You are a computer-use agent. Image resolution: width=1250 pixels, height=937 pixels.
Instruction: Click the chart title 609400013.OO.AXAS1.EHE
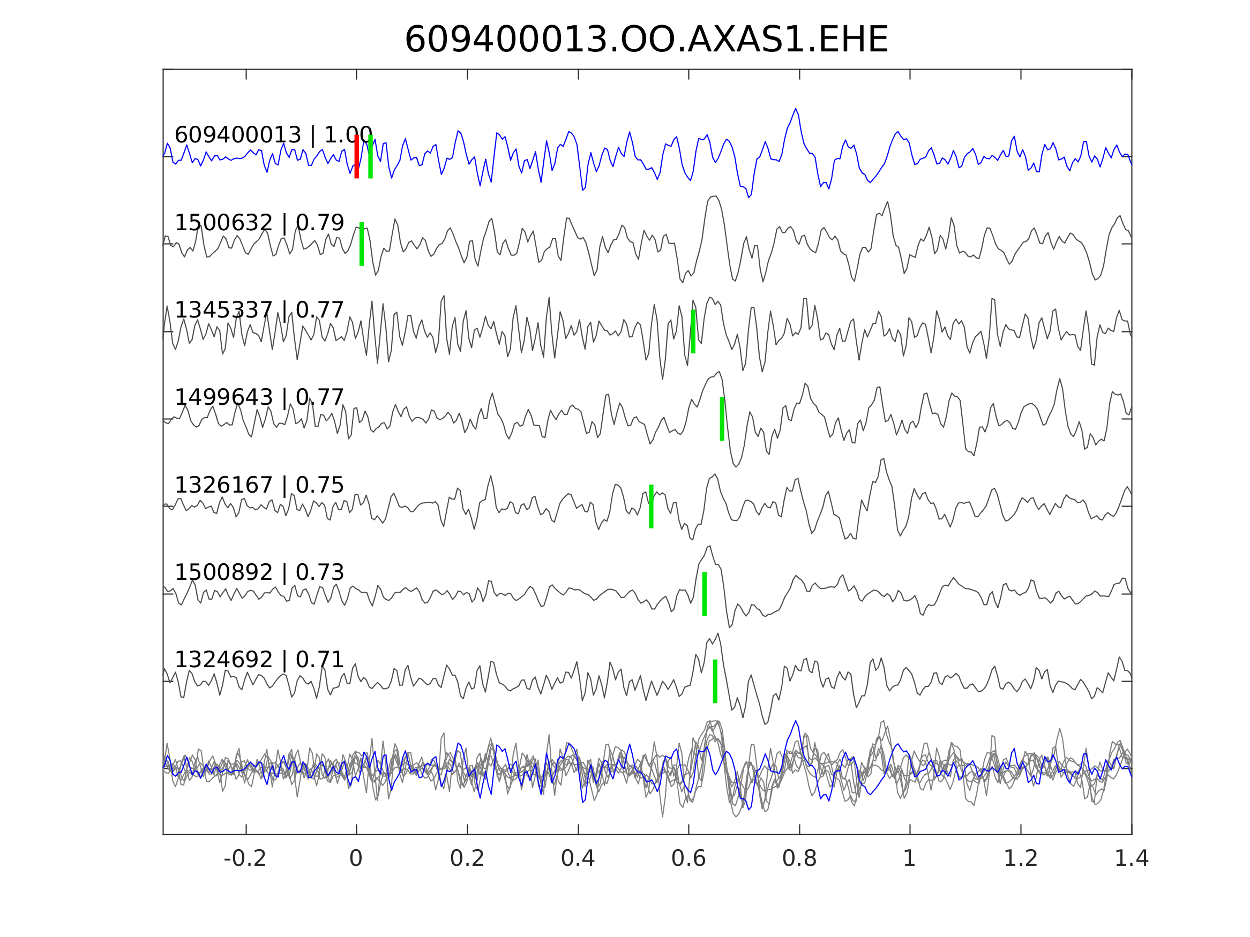pos(646,40)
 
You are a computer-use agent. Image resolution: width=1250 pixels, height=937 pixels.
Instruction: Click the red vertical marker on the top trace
pos(357,156)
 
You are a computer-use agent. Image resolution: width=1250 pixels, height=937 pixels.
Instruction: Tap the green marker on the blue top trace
pos(370,156)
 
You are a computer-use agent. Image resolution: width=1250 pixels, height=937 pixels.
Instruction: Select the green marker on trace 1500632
pos(362,244)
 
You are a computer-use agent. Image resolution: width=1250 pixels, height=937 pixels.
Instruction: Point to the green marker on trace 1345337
pos(693,331)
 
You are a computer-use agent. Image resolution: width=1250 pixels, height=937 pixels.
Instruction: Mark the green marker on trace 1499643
pos(722,419)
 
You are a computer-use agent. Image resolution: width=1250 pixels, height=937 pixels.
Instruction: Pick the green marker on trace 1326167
pos(651,507)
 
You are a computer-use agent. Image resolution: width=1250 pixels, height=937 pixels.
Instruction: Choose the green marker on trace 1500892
pos(704,594)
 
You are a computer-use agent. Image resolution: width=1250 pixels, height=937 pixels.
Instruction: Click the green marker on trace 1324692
pos(715,682)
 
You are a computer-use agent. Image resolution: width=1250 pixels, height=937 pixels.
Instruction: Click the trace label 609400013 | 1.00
pos(273,135)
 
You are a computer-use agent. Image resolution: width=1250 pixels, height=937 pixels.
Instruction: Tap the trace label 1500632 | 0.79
pos(259,223)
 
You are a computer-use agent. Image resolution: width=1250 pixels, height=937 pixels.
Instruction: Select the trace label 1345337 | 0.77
pos(259,311)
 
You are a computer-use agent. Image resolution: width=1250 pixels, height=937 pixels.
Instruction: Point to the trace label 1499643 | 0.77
pos(259,398)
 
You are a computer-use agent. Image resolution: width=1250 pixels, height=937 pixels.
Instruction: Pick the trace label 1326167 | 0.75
pos(259,485)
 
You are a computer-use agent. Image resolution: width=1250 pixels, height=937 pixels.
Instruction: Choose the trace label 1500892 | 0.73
pos(259,573)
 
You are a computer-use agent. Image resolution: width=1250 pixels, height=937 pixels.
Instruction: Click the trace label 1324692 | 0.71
pos(259,660)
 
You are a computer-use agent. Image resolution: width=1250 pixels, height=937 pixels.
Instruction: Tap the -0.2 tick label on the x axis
pos(245,859)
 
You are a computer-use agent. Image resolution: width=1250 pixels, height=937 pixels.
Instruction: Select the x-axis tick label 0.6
pos(688,859)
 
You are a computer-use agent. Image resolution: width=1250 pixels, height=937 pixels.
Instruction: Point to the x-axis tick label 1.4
pos(1132,859)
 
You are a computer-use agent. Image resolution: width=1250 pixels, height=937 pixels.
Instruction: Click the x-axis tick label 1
pos(909,859)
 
